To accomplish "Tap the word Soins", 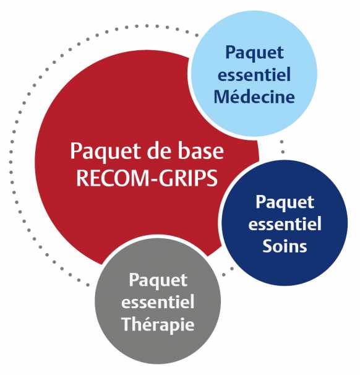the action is pyautogui.click(x=285, y=246).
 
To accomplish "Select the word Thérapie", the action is pyautogui.click(x=158, y=324).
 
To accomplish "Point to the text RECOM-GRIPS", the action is pyautogui.click(x=147, y=178).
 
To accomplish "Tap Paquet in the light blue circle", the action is pyautogui.click(x=254, y=53).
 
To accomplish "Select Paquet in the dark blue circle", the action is pyautogui.click(x=285, y=202).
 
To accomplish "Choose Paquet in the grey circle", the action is pyautogui.click(x=158, y=280).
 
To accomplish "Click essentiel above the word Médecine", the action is pyautogui.click(x=254, y=74).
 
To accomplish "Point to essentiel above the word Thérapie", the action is pyautogui.click(x=158, y=301).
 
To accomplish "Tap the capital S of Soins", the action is pyautogui.click(x=267, y=246).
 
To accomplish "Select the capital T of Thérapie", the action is pyautogui.click(x=127, y=324).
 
